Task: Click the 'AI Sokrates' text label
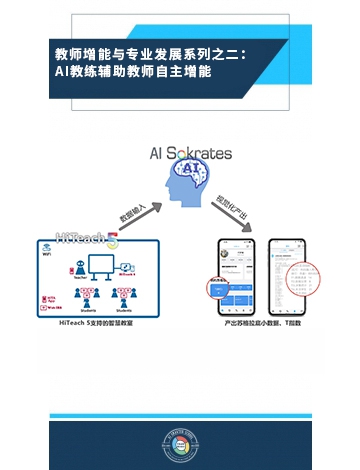click(190, 153)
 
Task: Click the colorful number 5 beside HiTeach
click(112, 240)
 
